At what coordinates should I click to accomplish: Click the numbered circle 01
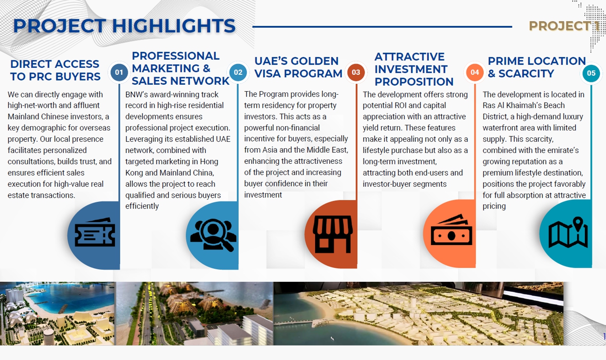(119, 72)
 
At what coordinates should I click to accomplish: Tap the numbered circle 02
(238, 72)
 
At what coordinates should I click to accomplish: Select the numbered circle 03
(356, 72)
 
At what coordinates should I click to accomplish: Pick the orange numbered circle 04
(475, 72)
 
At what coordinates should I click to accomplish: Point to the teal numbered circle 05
(591, 73)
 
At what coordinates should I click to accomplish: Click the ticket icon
(95, 232)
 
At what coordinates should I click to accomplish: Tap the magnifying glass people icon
(213, 235)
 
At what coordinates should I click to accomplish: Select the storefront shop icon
(333, 234)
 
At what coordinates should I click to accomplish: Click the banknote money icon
(451, 230)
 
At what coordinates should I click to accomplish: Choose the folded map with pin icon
(568, 232)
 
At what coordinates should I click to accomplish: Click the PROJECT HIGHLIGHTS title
(124, 26)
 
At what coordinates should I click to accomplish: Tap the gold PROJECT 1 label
(564, 26)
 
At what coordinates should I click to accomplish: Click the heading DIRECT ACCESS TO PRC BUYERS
(55, 70)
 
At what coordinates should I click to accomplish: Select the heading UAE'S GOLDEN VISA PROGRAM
(298, 67)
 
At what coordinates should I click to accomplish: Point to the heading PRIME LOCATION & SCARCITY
(536, 67)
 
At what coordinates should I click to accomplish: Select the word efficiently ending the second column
(142, 206)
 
